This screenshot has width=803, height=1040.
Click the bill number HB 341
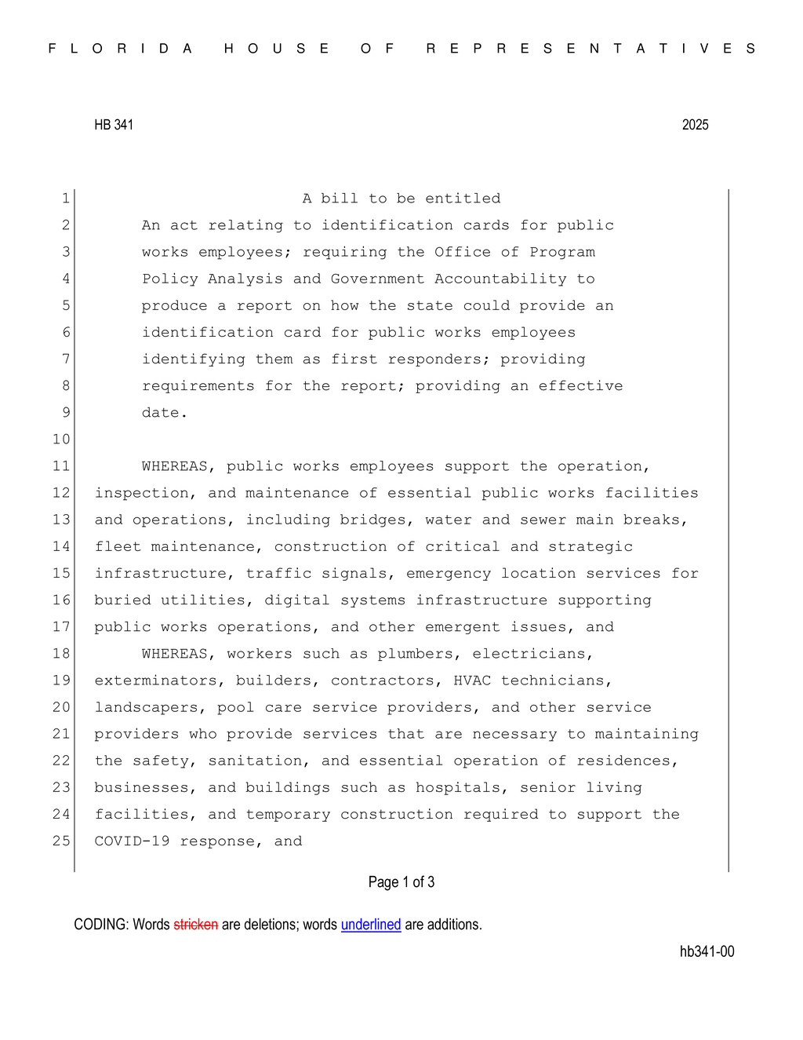coord(114,125)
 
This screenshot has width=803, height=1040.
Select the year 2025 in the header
coord(695,125)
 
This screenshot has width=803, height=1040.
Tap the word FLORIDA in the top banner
coord(121,49)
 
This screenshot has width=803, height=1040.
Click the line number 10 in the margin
coord(61,440)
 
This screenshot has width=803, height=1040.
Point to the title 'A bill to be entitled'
coord(401,199)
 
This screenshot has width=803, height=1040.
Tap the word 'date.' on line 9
coord(165,413)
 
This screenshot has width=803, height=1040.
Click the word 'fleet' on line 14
coord(118,546)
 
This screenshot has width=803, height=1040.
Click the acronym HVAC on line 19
coord(472,681)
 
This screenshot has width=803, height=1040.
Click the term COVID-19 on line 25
coord(132,841)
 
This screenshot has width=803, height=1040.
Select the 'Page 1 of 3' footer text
coord(401,882)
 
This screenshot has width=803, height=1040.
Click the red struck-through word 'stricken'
coord(195,925)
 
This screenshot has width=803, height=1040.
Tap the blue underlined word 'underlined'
coord(371,925)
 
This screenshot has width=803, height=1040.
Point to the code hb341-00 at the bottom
coord(707,951)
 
